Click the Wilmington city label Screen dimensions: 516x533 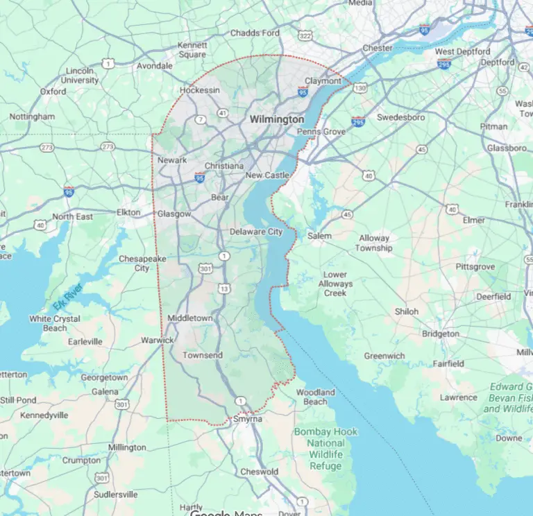[x=277, y=119]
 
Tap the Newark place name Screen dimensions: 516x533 [x=172, y=160]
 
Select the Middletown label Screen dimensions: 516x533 [x=189, y=318]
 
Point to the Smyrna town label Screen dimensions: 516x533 [x=247, y=420]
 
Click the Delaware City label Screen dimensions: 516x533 [x=256, y=232]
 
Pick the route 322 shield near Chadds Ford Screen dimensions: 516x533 [x=287, y=34]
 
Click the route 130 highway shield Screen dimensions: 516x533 [x=359, y=88]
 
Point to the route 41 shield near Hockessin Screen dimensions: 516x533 [x=222, y=112]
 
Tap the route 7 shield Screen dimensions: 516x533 [x=201, y=119]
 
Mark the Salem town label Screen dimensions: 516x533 [x=319, y=236]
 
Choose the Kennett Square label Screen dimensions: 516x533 [x=192, y=49]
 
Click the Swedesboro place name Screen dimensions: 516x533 [x=400, y=117]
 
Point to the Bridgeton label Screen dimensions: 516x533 [x=441, y=334]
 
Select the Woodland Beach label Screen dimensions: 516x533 [x=315, y=397]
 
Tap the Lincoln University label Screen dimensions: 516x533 [x=79, y=76]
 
